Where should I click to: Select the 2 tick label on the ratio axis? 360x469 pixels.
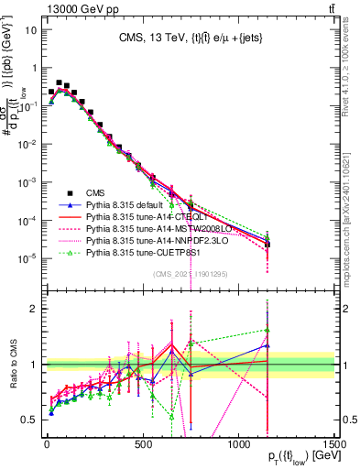click(x=35, y=309)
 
